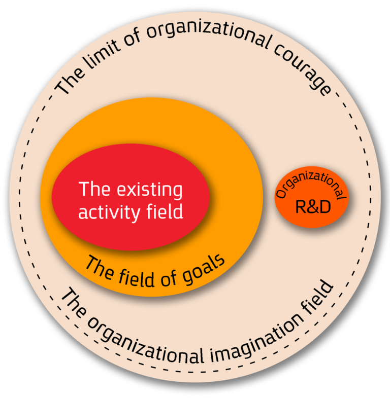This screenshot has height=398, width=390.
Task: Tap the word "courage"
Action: [303, 69]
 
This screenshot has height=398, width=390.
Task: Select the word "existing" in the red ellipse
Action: [149, 190]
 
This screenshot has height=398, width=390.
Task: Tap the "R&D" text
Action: [313, 207]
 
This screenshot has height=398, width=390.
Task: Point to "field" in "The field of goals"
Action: [137, 277]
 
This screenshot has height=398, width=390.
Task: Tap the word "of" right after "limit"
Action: [132, 38]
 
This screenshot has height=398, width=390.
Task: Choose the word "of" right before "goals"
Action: [169, 278]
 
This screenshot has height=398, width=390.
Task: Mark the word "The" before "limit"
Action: [69, 81]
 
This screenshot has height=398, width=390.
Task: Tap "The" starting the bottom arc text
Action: [73, 302]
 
